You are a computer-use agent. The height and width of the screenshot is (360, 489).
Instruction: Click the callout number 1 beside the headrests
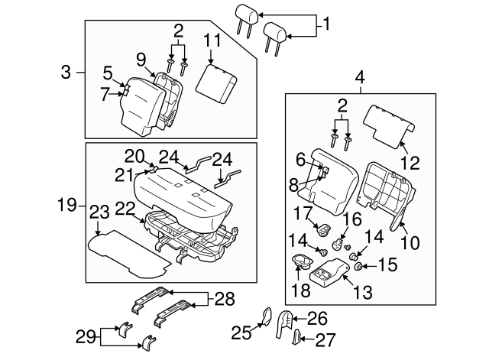[326, 24]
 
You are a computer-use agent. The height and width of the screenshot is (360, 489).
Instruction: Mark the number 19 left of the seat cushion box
[67, 205]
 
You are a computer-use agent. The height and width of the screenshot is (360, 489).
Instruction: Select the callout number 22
[126, 208]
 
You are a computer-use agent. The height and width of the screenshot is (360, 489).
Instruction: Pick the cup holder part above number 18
[303, 262]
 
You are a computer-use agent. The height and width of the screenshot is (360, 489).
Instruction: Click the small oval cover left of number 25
[267, 316]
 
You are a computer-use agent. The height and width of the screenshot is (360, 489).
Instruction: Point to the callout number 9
[141, 58]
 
